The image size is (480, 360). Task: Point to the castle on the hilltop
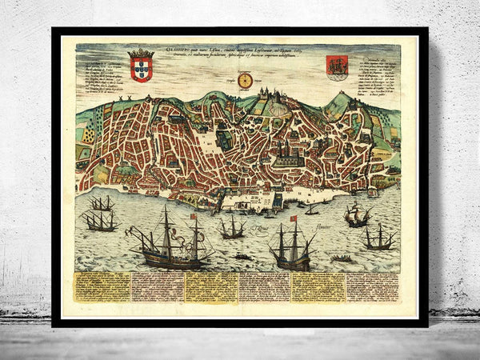[266, 96]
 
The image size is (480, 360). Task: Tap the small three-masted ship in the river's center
[232, 227]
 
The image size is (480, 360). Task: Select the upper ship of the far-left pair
[102, 203]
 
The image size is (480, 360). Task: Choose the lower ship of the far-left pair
[99, 220]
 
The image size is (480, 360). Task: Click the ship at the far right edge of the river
[378, 237]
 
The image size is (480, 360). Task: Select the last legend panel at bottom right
[374, 286]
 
